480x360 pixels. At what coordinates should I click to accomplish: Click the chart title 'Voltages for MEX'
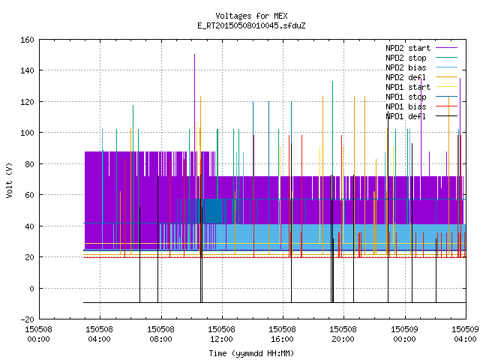pyautogui.click(x=251, y=16)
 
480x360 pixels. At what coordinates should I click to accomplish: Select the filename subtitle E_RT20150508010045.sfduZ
pyautogui.click(x=251, y=25)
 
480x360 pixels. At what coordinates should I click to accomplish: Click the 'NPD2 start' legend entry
pyautogui.click(x=421, y=48)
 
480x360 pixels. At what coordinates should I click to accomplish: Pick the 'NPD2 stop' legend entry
pyautogui.click(x=421, y=58)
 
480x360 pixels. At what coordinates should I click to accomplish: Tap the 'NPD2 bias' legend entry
pyautogui.click(x=421, y=67)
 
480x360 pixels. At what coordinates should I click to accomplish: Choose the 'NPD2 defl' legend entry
pyautogui.click(x=421, y=77)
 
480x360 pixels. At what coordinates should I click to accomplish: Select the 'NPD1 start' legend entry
pyautogui.click(x=421, y=87)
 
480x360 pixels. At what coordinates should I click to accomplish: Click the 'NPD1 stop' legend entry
pyautogui.click(x=421, y=97)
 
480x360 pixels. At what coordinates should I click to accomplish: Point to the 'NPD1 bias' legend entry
pyautogui.click(x=421, y=106)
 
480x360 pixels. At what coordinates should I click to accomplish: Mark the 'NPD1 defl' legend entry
pyautogui.click(x=421, y=117)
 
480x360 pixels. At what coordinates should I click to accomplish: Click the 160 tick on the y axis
pyautogui.click(x=27, y=40)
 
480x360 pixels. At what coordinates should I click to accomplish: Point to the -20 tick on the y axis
pyautogui.click(x=27, y=319)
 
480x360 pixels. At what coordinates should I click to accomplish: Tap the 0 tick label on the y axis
pyautogui.click(x=31, y=288)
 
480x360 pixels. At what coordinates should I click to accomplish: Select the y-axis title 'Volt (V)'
pyautogui.click(x=9, y=180)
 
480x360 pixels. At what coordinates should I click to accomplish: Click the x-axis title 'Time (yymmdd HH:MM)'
pyautogui.click(x=251, y=353)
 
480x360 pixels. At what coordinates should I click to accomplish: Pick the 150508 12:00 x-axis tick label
pyautogui.click(x=221, y=334)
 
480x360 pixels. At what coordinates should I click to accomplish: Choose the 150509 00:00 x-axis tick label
pyautogui.click(x=404, y=334)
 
